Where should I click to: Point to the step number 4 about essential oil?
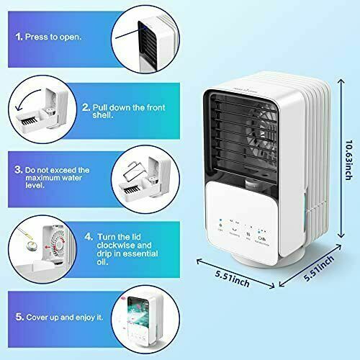87,235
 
